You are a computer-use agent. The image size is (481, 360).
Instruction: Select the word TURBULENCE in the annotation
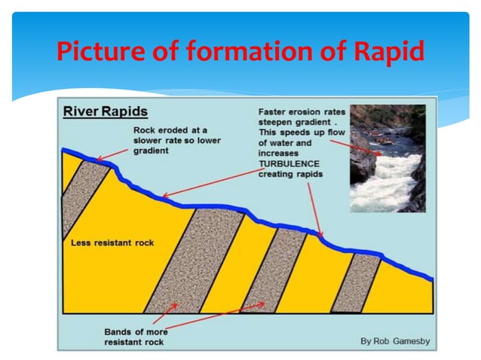point(290,163)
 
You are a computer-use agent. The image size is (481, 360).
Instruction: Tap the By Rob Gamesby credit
point(395,341)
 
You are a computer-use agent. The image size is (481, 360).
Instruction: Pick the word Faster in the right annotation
point(273,112)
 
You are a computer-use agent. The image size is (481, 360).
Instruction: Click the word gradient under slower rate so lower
point(152,151)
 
